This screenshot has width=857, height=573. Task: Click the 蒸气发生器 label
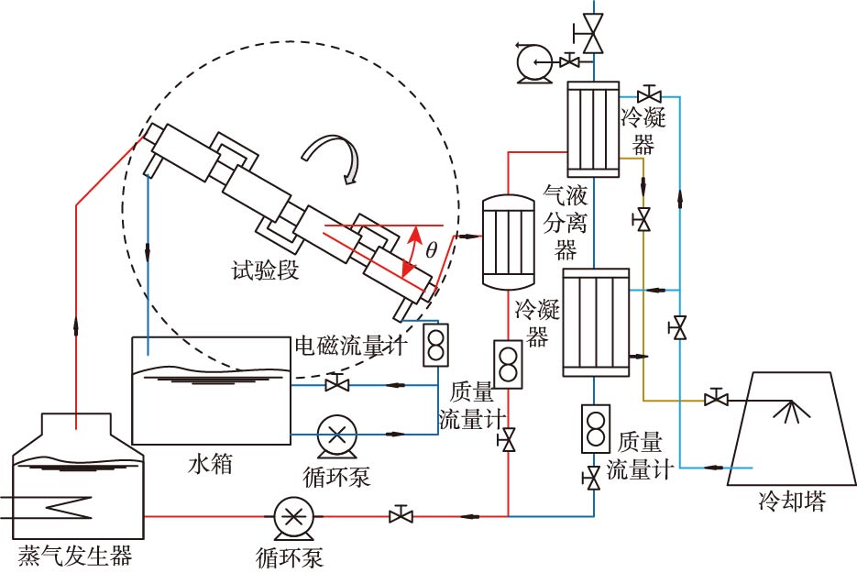[x=74, y=555]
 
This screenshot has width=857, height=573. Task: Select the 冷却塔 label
[x=791, y=501]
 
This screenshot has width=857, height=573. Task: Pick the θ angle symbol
[x=431, y=249]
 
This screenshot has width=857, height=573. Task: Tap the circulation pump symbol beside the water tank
[x=336, y=434]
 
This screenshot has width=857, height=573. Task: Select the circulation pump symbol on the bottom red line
[x=293, y=516]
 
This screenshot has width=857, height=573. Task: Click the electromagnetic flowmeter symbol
[x=435, y=345]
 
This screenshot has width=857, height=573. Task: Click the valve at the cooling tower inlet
[x=716, y=399]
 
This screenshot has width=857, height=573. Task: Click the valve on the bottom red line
[x=400, y=515]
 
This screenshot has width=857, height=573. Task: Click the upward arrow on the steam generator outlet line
[x=75, y=326]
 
